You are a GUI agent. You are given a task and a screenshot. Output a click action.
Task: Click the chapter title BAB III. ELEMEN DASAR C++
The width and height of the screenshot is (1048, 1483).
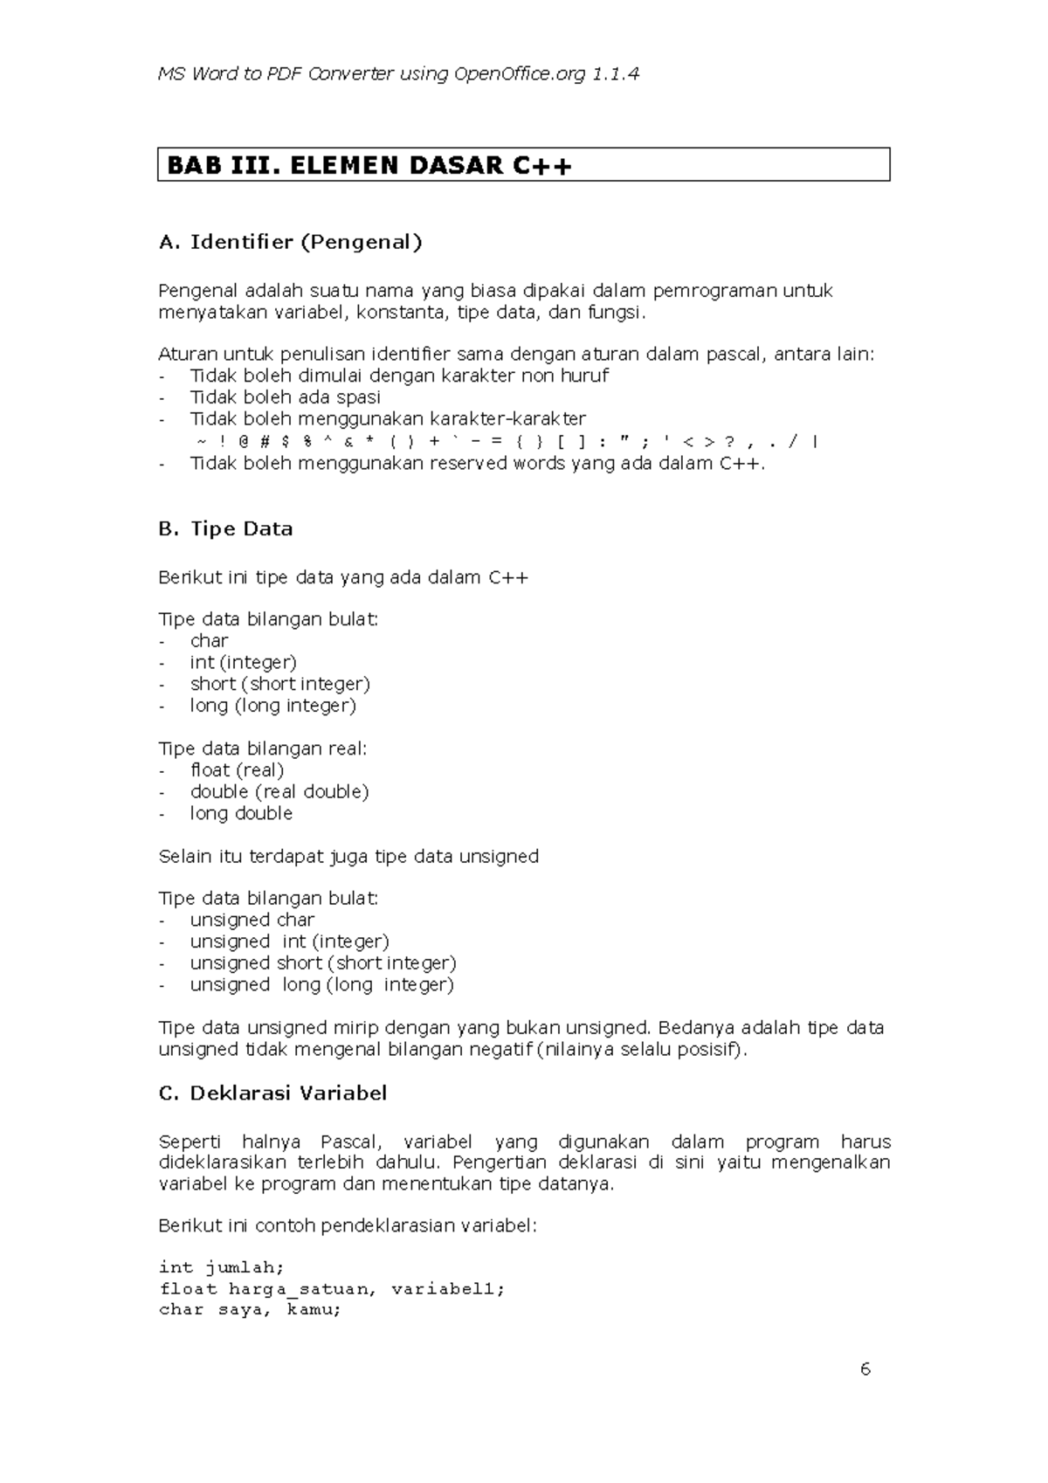click(x=369, y=165)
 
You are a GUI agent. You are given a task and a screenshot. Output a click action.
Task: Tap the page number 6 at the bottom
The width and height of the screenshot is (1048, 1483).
click(x=865, y=1369)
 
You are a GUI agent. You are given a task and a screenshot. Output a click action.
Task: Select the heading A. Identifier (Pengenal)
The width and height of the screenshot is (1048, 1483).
click(x=290, y=242)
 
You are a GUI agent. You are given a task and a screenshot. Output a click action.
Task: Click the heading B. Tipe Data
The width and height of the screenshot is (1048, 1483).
click(x=225, y=528)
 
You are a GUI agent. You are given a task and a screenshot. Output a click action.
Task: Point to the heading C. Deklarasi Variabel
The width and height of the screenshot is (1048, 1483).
click(x=272, y=1093)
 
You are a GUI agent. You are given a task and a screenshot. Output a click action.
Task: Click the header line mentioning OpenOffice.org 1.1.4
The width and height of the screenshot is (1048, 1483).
click(x=398, y=73)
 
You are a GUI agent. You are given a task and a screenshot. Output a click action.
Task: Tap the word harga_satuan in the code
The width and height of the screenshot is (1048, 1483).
click(x=303, y=1288)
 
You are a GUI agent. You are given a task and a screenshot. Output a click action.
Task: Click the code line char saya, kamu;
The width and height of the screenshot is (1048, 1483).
click(x=250, y=1309)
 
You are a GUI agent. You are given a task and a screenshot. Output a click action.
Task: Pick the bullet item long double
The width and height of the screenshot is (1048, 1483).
click(x=241, y=813)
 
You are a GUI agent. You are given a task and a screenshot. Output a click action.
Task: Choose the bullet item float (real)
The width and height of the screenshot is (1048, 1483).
click(x=237, y=770)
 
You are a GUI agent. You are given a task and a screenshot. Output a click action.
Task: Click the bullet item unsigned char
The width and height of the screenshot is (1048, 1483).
click(x=252, y=920)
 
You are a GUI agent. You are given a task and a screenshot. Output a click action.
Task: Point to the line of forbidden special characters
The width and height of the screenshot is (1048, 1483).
click(x=507, y=441)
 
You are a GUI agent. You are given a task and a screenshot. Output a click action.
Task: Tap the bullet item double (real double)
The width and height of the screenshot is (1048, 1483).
click(x=279, y=791)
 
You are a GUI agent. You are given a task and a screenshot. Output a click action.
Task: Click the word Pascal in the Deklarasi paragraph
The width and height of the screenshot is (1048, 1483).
click(x=350, y=1142)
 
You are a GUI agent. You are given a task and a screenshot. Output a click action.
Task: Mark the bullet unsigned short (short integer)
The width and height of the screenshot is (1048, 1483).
click(x=323, y=962)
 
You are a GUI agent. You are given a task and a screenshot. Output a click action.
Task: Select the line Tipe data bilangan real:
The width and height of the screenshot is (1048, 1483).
click(x=263, y=748)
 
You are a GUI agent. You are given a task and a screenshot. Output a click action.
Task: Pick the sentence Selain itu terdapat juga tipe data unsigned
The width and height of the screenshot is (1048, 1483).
click(x=348, y=856)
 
